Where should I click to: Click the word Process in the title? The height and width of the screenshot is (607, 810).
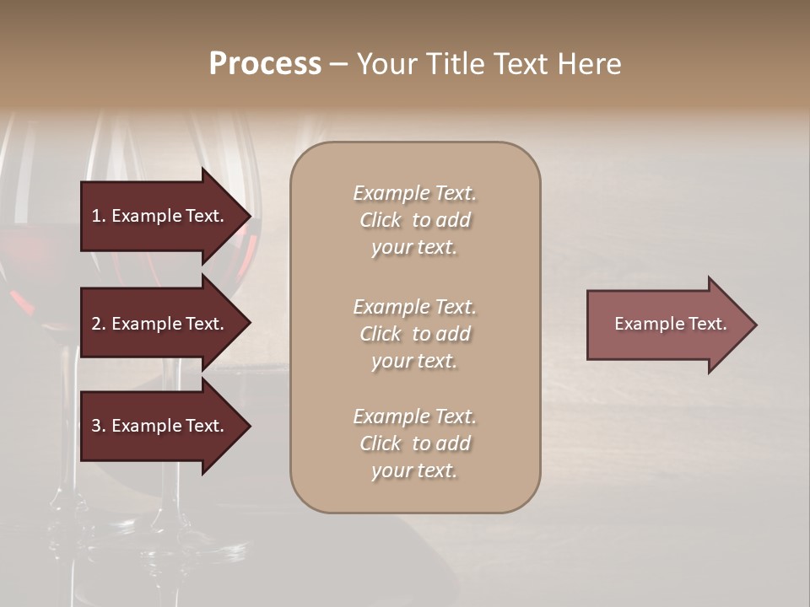(265, 64)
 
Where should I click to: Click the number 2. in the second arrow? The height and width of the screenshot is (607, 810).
(99, 324)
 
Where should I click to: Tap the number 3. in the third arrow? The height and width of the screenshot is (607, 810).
(99, 426)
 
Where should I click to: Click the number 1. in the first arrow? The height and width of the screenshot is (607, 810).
(99, 216)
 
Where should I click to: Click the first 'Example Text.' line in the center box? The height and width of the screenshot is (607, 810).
(414, 193)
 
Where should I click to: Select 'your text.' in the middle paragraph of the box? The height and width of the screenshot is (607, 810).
(414, 361)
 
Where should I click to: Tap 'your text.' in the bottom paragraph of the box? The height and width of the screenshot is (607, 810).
(414, 470)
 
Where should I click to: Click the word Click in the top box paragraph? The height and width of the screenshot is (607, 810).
(380, 220)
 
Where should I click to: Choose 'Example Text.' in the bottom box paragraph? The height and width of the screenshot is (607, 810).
(414, 416)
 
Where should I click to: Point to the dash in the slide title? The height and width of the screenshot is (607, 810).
(338, 64)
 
